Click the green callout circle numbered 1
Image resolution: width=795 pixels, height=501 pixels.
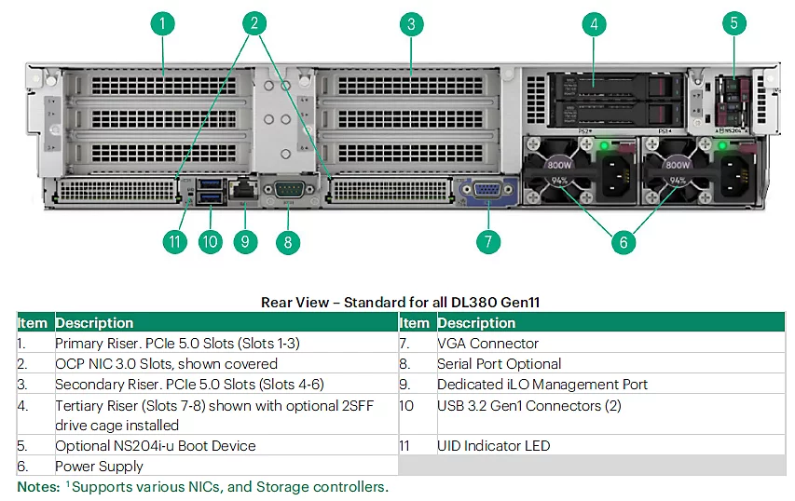click(x=163, y=23)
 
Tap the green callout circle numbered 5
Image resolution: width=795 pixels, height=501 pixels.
click(x=733, y=23)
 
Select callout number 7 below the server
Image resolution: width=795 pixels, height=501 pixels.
click(x=488, y=241)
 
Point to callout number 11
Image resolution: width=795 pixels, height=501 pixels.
click(x=175, y=241)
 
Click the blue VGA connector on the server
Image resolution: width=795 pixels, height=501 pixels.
click(x=487, y=190)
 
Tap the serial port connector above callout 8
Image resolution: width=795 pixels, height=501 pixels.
click(x=290, y=190)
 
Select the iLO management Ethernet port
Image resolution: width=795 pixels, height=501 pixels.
click(x=244, y=189)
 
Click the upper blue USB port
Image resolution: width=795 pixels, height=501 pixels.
click(x=210, y=183)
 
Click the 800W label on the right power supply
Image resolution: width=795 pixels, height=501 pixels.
click(x=678, y=165)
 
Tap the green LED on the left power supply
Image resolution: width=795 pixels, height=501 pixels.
click(x=604, y=146)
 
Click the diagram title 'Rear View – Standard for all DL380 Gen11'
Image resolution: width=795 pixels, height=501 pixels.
click(x=400, y=303)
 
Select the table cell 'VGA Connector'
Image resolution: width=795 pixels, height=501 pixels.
click(x=487, y=344)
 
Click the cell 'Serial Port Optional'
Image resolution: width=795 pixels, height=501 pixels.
click(x=499, y=364)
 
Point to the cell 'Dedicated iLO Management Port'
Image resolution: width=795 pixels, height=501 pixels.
click(x=542, y=385)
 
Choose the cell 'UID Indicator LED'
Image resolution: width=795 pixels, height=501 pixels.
click(x=493, y=446)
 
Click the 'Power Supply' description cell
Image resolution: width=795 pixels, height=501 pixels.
click(x=99, y=466)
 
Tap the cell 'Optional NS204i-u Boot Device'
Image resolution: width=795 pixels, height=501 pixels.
click(x=155, y=446)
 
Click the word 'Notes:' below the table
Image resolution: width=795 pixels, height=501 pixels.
click(x=38, y=487)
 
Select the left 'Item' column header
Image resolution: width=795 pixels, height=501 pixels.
click(x=33, y=323)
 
